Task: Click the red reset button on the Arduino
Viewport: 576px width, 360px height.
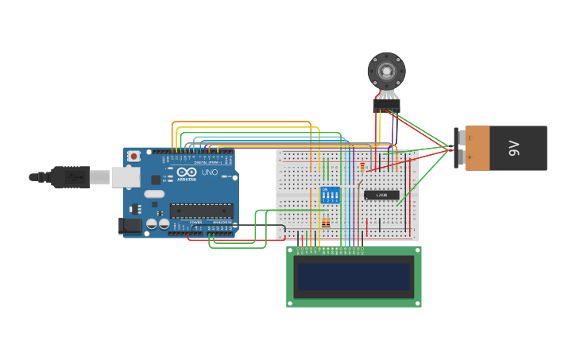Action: click(134, 156)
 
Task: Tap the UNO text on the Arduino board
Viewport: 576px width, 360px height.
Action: click(210, 172)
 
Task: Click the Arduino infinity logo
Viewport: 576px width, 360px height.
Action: click(187, 172)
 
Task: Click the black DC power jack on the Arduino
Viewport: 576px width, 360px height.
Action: click(130, 226)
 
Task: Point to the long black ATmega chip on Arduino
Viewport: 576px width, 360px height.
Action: click(201, 211)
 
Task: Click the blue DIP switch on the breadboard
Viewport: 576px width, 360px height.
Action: click(329, 195)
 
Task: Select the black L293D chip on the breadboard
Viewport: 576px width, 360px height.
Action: click(381, 195)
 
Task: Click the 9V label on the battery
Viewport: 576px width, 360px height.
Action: click(514, 148)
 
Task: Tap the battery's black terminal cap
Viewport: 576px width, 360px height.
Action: click(458, 148)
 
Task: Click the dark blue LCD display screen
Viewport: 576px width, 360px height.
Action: click(354, 277)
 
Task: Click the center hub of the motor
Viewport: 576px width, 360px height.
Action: click(386, 71)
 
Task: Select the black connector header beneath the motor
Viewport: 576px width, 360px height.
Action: click(386, 106)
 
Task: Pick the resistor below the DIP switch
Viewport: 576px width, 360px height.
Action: click(326, 223)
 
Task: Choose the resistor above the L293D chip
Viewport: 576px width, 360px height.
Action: click(362, 167)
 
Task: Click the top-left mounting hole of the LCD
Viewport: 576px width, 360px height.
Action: click(291, 250)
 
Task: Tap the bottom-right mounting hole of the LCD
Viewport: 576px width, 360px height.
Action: click(417, 303)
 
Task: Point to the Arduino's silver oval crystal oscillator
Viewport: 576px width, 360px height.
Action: click(154, 194)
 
